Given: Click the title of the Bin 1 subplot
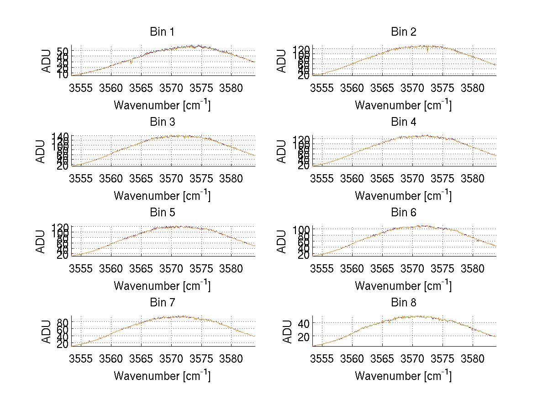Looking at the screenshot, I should [x=162, y=32].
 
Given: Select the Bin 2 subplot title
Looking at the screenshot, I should [x=404, y=32].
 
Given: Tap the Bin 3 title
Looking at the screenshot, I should [x=162, y=122].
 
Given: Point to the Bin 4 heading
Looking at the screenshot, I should [x=404, y=122].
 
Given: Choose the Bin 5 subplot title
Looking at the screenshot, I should [x=162, y=213].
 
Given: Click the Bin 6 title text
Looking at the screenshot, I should [x=404, y=213].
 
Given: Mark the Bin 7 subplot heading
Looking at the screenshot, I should [x=162, y=303].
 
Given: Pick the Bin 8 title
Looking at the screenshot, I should [x=404, y=303].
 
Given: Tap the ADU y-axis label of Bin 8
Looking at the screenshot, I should [x=288, y=332].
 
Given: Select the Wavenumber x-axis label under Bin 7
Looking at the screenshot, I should [x=162, y=375].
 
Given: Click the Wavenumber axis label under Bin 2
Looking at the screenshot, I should [x=403, y=105].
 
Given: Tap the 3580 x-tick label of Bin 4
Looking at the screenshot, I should [x=472, y=178].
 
